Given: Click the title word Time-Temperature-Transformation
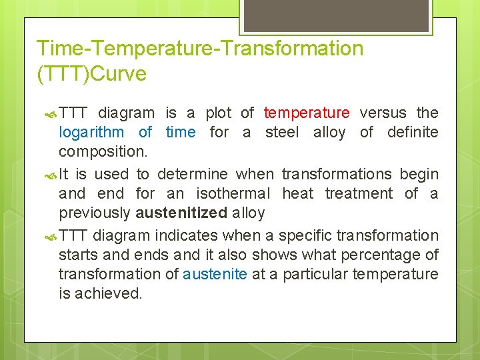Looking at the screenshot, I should point(200,49).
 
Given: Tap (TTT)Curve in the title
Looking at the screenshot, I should point(91,74).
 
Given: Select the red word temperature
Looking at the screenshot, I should point(306,113).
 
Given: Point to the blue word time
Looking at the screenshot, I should point(180,132).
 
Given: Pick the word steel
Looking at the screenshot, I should point(282,132).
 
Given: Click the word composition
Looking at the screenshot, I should point(103,151).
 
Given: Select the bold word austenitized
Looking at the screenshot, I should point(181,213).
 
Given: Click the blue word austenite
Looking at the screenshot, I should point(215,274).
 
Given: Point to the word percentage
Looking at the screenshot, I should point(389,255).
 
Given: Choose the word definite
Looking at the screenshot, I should point(413,132).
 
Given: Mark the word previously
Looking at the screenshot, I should point(95,213).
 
